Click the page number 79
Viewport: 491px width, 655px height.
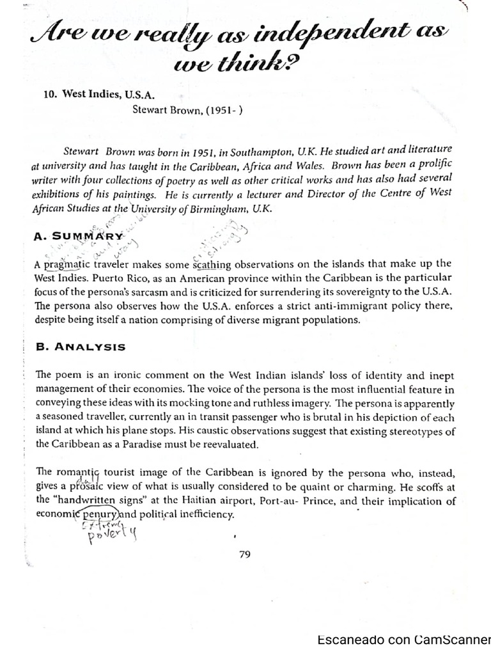(244, 555)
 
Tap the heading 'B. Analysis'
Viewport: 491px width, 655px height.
(81, 347)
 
